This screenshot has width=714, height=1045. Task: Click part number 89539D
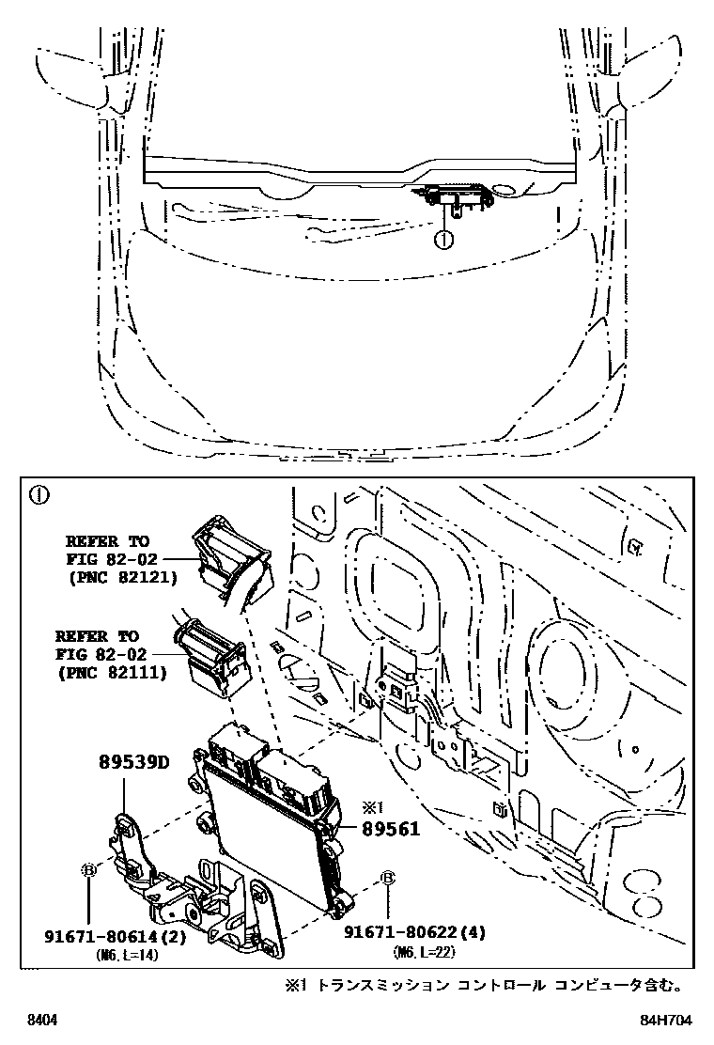click(x=133, y=762)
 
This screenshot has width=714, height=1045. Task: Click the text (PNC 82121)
click(x=122, y=577)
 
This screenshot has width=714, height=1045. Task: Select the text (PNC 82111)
click(x=112, y=672)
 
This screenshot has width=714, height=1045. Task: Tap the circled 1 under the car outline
click(x=443, y=240)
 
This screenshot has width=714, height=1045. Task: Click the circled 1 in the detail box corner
click(x=39, y=495)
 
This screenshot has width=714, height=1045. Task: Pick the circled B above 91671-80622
click(x=386, y=879)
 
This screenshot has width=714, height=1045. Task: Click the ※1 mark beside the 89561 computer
click(x=373, y=807)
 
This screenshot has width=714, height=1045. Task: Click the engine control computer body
click(x=268, y=827)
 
